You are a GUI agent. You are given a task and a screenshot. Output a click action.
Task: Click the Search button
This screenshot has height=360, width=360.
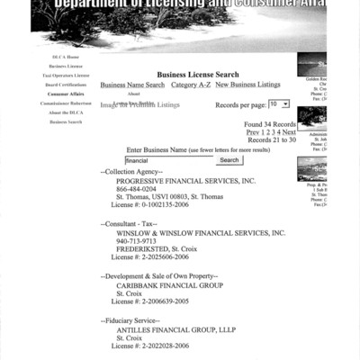pos(229,160)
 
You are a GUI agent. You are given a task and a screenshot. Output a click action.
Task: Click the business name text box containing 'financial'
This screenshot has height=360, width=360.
pos(168,160)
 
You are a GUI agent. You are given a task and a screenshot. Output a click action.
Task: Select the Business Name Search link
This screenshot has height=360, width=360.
pos(132,85)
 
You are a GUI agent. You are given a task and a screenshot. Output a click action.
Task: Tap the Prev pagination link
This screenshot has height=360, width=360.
pos(253,132)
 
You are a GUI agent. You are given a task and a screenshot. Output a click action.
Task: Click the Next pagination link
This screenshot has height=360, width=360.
pos(289,132)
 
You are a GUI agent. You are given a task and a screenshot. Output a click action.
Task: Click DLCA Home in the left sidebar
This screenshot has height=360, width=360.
pos(67,57)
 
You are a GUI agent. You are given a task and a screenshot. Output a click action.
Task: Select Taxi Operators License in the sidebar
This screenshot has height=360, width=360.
pos(67,76)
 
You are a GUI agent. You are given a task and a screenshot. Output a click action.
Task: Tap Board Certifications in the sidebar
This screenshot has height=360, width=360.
pos(67,85)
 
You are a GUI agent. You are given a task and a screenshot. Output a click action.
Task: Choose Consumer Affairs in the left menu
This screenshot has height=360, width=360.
pos(67,94)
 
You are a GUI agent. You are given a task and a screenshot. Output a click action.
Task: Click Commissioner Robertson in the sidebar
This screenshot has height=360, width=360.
pos(67,103)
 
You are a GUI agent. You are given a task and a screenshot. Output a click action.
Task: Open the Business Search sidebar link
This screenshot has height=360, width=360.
pos(67,121)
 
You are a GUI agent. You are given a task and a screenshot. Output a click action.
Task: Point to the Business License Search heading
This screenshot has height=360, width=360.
pos(198,75)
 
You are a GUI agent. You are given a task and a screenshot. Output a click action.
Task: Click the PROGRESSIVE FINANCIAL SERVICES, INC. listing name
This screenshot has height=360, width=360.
pos(185,181)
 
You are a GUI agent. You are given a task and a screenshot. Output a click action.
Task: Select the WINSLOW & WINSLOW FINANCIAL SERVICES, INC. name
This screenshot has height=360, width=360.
pos(201,232)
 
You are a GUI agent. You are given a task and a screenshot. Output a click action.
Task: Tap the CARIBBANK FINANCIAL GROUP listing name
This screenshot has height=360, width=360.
pos(169,284)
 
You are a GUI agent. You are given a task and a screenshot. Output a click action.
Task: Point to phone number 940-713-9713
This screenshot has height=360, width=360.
pos(136,241)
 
